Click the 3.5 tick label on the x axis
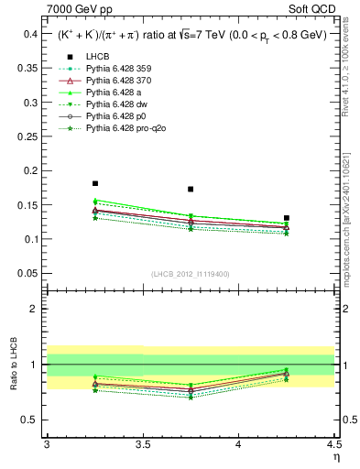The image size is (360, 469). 142,444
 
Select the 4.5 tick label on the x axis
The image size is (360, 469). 333,444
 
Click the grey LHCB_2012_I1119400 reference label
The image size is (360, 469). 190,274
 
